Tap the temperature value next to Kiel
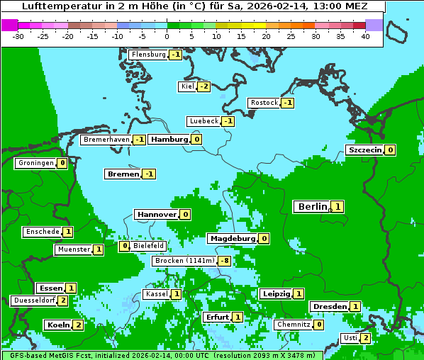click(x=204, y=86)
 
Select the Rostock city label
click(x=264, y=103)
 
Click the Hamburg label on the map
click(x=169, y=140)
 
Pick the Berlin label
click(x=312, y=207)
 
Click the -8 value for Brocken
click(x=225, y=261)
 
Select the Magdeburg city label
click(x=232, y=239)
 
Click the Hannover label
click(x=156, y=214)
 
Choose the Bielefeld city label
click(x=149, y=246)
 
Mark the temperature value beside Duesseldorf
click(x=63, y=300)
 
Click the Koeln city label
click(x=57, y=325)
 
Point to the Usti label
click(x=350, y=338)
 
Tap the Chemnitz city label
click(x=294, y=325)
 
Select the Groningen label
click(x=35, y=163)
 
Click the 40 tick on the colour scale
click(x=365, y=35)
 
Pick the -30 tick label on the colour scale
click(x=19, y=35)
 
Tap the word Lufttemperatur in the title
click(x=54, y=6)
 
